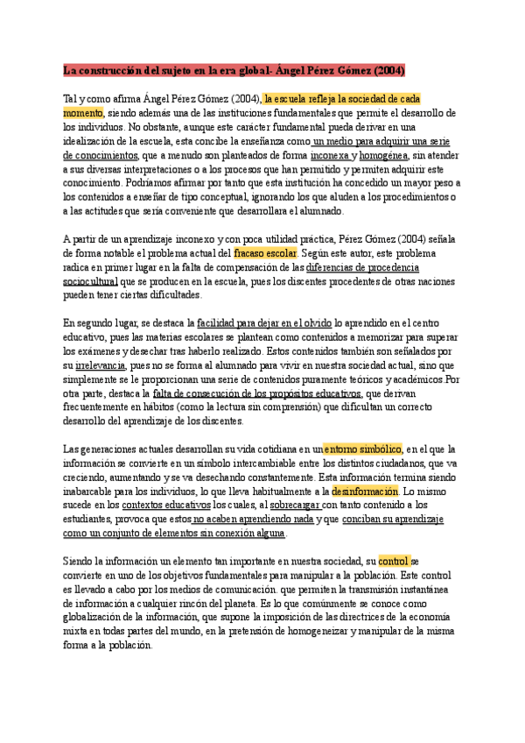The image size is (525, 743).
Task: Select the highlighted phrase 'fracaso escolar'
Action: click(266, 252)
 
